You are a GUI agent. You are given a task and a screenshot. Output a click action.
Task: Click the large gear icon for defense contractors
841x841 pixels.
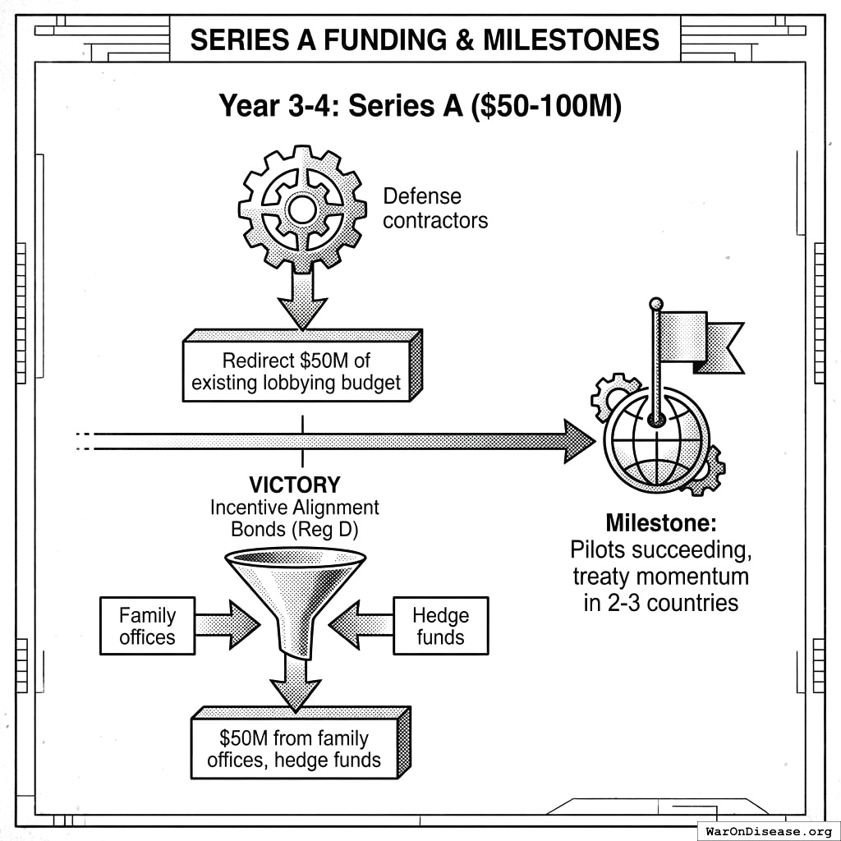(x=301, y=209)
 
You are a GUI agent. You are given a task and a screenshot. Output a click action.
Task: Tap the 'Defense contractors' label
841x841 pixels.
(x=434, y=209)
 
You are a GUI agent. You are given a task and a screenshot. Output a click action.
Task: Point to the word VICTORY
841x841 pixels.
(x=295, y=485)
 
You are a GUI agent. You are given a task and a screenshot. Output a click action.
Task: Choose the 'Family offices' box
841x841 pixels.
(x=147, y=626)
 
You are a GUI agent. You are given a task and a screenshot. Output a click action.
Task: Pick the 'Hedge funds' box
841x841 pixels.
(x=440, y=626)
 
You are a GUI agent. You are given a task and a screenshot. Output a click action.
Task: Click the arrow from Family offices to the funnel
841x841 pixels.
(x=227, y=625)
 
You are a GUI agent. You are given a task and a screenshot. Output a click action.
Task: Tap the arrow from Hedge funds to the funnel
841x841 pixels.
(x=361, y=625)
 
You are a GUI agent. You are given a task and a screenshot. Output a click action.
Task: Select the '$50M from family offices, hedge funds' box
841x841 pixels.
(x=294, y=749)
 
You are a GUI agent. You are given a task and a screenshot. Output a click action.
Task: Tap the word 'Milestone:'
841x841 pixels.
(x=660, y=522)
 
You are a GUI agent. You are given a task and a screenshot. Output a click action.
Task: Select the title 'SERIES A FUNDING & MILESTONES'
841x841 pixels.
(x=425, y=39)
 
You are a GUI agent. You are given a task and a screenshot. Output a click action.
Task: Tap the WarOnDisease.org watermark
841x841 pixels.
(x=769, y=830)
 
